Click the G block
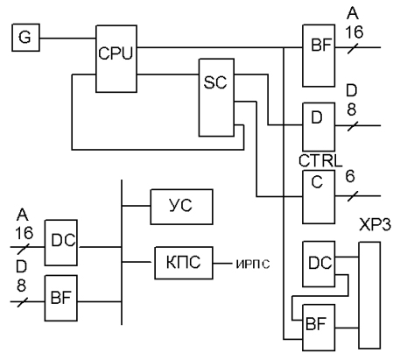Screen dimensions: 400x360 (x=25, y=38)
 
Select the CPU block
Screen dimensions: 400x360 (x=116, y=59)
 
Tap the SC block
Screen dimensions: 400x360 (x=216, y=97)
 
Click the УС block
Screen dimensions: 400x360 (x=181, y=207)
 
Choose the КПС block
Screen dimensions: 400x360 (x=184, y=263)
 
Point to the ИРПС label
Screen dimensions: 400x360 (x=253, y=265)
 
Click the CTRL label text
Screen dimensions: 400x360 (x=320, y=160)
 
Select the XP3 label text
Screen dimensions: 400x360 (x=375, y=225)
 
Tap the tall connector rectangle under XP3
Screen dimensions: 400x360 (x=369, y=295)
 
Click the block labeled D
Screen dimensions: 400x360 (x=319, y=127)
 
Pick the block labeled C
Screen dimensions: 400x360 (x=319, y=197)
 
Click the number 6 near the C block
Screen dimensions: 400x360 (x=350, y=177)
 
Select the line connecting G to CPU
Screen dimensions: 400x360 (x=68, y=38)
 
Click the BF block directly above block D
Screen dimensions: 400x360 (x=319, y=56)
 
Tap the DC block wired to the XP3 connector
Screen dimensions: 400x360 (x=319, y=264)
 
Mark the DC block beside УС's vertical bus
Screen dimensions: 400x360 (x=61, y=243)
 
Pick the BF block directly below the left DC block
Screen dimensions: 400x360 (x=61, y=298)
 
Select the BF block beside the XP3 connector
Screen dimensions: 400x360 (x=319, y=328)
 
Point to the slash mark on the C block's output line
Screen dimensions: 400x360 (x=353, y=196)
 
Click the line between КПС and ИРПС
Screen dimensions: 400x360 (x=222, y=264)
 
